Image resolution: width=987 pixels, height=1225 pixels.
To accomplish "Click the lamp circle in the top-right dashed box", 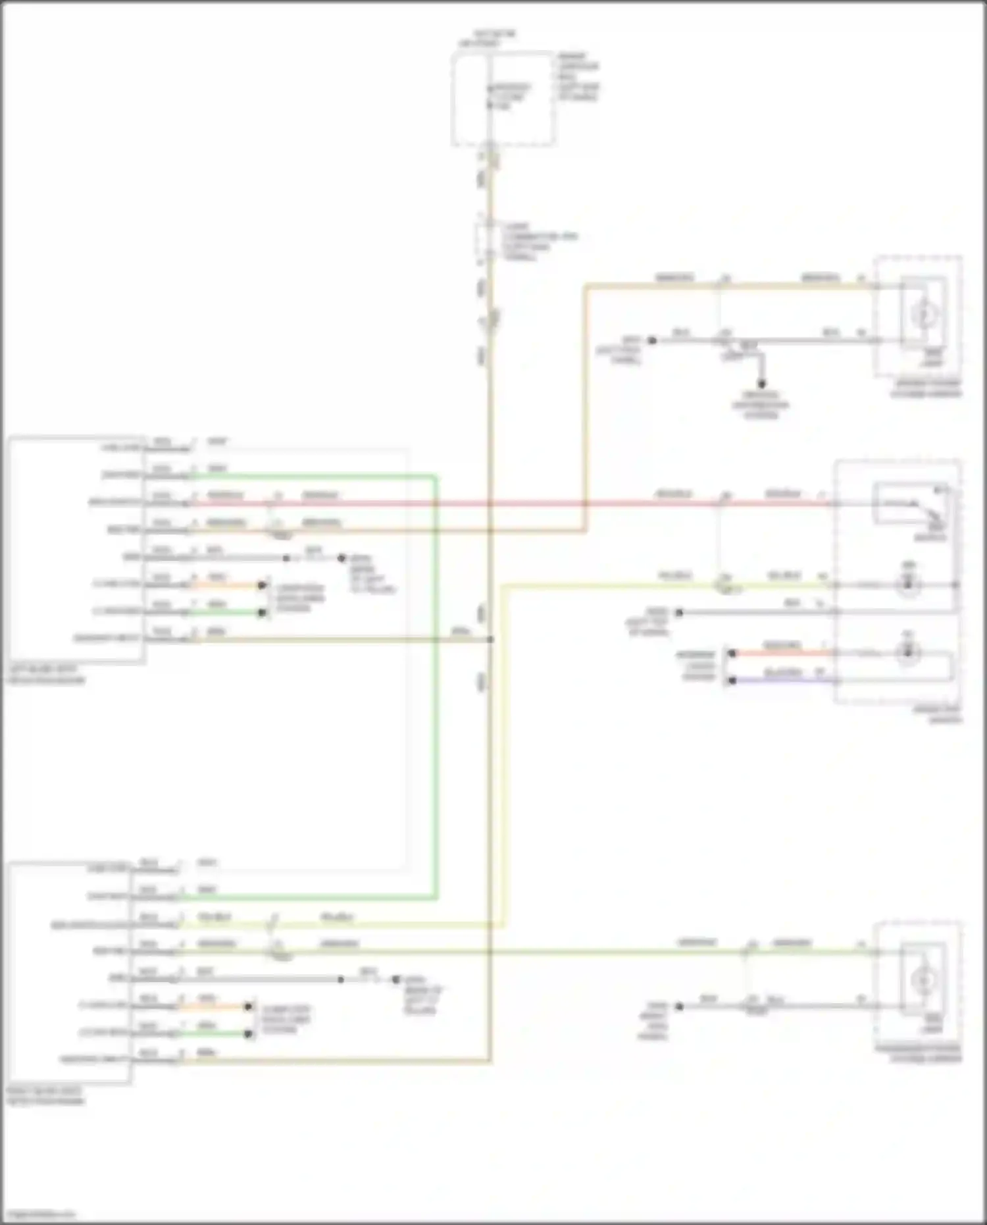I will [923, 315].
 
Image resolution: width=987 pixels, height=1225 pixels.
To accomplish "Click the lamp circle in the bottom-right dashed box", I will [923, 980].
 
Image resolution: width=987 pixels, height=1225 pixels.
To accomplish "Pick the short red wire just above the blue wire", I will [783, 653].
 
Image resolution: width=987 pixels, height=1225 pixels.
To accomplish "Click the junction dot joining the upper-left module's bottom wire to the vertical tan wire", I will [490, 639].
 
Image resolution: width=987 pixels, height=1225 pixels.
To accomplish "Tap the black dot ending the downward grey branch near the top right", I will [761, 384].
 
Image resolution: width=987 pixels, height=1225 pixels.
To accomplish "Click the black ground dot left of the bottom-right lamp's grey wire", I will [680, 1006].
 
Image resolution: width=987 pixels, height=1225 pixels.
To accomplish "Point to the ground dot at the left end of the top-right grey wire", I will [652, 340].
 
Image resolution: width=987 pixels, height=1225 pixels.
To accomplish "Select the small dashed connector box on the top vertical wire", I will [487, 239].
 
